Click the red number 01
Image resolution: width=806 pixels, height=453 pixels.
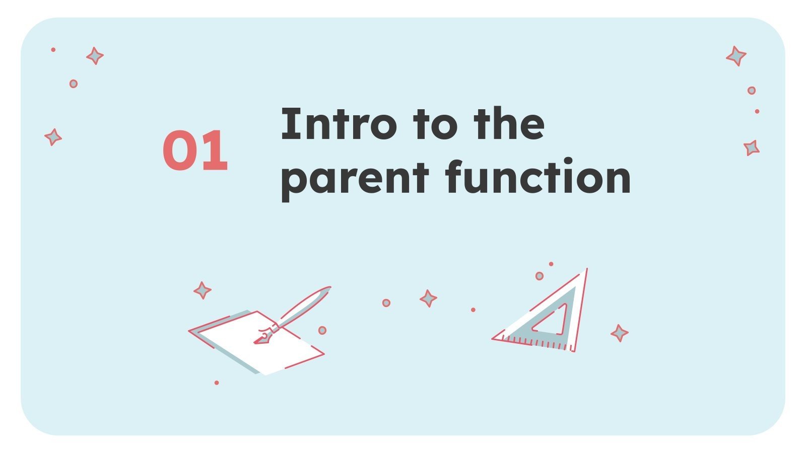195,150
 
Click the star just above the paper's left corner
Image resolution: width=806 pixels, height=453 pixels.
202,290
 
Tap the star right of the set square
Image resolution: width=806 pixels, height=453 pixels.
619,333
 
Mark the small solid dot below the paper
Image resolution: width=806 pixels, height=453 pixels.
217,383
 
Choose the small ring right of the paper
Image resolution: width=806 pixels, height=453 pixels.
322,330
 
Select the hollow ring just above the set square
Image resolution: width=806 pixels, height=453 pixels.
539,276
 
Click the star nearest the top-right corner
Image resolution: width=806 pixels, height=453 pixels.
736,56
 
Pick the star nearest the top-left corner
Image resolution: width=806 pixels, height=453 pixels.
95,55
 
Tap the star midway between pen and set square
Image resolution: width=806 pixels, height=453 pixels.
428,298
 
